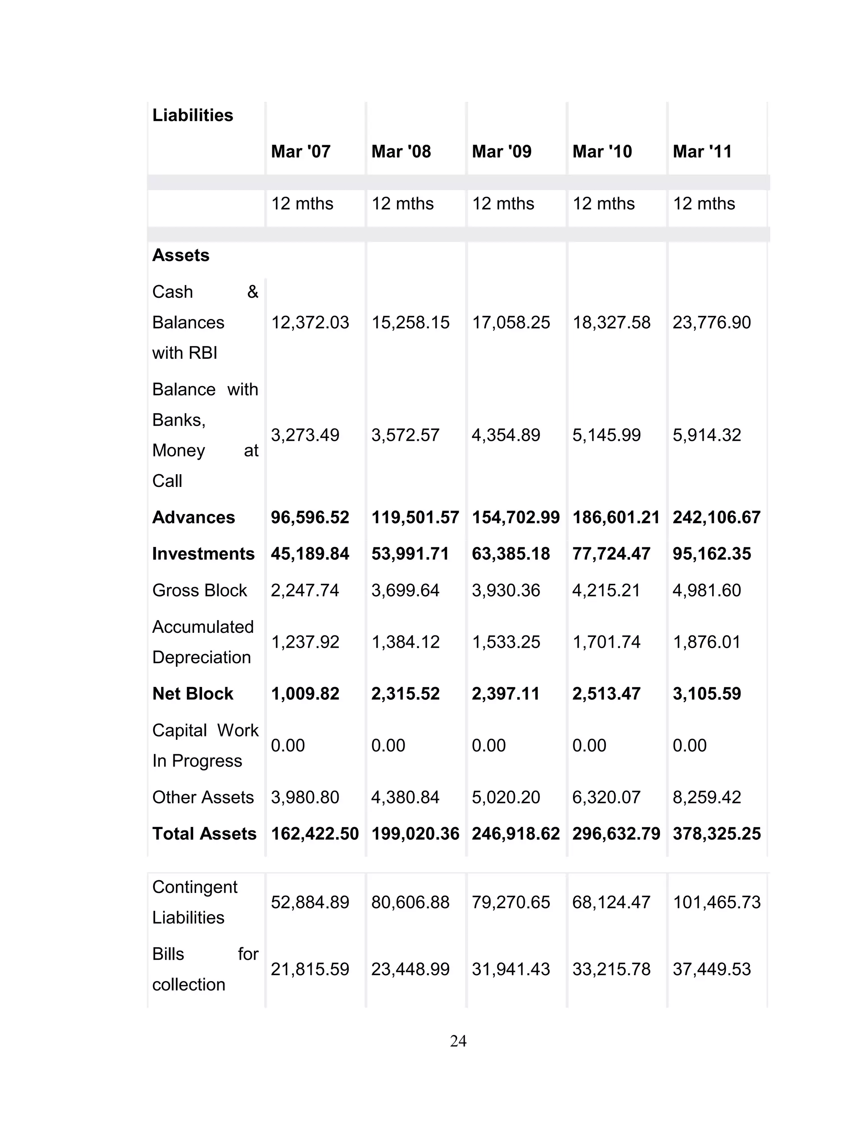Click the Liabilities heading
(x=192, y=115)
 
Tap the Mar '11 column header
(x=702, y=151)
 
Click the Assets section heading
(x=181, y=255)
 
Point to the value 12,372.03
(x=310, y=322)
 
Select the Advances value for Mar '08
(x=415, y=517)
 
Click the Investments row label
(x=203, y=553)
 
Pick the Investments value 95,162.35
(x=712, y=553)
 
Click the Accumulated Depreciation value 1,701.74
(x=606, y=642)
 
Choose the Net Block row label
(x=192, y=693)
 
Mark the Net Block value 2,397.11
(x=506, y=693)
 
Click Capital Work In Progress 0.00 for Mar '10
(x=589, y=745)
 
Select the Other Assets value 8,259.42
(x=707, y=797)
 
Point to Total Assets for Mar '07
(x=315, y=834)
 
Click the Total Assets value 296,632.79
(x=616, y=834)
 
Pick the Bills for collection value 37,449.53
(x=712, y=969)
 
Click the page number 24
(x=458, y=1041)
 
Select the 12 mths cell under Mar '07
(x=302, y=204)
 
